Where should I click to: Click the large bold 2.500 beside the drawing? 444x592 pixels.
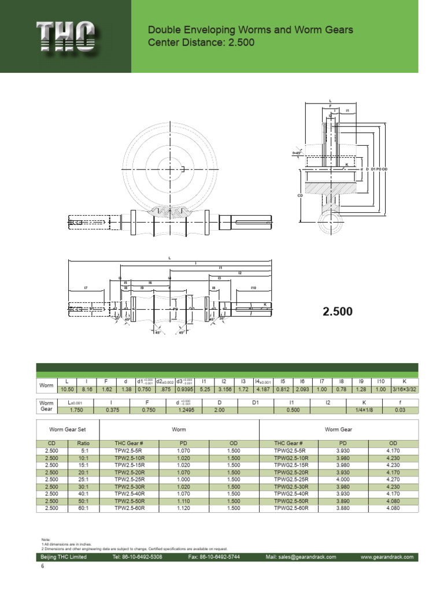click(x=338, y=312)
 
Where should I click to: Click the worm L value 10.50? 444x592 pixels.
click(x=67, y=390)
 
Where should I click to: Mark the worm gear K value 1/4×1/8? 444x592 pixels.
click(x=364, y=410)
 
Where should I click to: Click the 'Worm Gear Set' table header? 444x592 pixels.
click(x=68, y=430)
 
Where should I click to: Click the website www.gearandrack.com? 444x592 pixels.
click(x=387, y=557)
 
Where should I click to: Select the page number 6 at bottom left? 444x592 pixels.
click(x=42, y=567)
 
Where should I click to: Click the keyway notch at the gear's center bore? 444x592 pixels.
click(x=183, y=169)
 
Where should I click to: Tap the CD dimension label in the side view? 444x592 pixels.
click(x=300, y=195)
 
